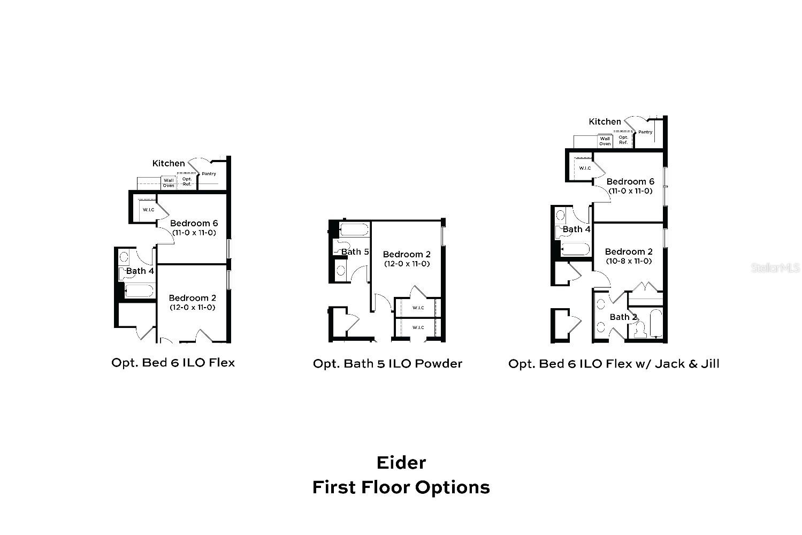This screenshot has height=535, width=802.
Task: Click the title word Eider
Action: [401, 462]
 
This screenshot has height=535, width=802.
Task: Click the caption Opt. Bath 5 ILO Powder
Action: [387, 364]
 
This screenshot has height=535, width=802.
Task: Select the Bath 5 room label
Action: [355, 251]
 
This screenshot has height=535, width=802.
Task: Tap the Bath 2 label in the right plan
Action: [623, 317]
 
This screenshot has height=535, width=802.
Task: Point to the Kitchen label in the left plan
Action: [169, 163]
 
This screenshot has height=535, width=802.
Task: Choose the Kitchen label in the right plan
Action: [605, 121]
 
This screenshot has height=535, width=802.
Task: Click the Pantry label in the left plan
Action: [209, 174]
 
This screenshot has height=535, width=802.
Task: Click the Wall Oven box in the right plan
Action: [605, 141]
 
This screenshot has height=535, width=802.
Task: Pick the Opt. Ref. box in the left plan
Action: [187, 182]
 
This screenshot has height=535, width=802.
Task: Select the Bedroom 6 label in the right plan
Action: [630, 181]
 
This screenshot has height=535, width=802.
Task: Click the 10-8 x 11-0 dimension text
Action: [629, 261]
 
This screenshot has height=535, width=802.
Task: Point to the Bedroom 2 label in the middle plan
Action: [407, 254]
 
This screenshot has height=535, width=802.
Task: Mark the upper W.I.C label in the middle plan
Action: [418, 308]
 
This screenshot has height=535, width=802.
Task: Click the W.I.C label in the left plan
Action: [148, 210]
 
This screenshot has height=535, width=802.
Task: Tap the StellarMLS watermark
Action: [775, 267]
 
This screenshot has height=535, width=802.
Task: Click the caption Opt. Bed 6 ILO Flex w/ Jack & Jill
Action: [614, 364]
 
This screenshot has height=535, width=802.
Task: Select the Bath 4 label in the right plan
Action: [576, 229]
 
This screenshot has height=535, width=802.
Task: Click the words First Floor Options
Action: [401, 487]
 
